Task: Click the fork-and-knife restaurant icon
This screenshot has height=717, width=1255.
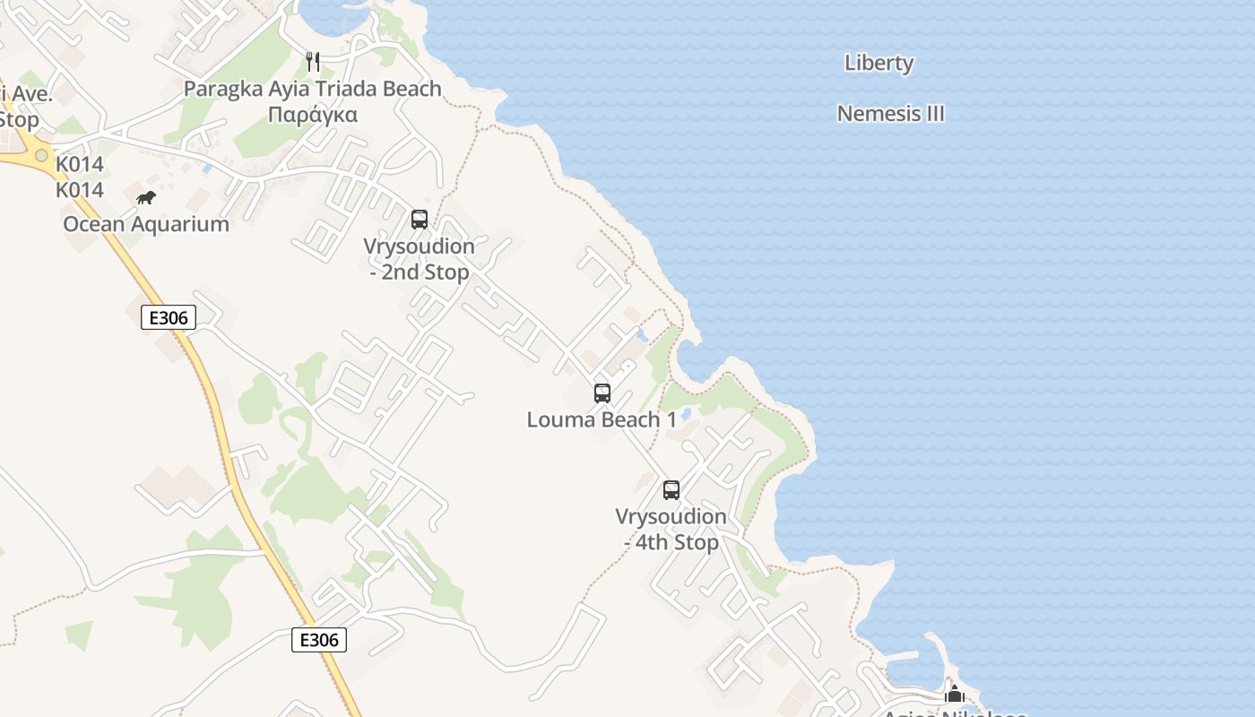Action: pyautogui.click(x=313, y=62)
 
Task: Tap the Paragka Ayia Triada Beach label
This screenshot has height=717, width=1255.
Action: pyautogui.click(x=313, y=89)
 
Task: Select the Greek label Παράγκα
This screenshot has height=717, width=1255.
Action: pyautogui.click(x=313, y=115)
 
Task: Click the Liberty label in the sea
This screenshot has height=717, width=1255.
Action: pyautogui.click(x=878, y=63)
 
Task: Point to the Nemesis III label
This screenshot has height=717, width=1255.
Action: pyautogui.click(x=890, y=114)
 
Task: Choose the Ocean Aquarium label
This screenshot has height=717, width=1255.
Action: pyautogui.click(x=146, y=224)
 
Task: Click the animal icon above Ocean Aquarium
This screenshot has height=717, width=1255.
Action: pyautogui.click(x=146, y=197)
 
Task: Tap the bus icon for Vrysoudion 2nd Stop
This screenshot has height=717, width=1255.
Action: pyautogui.click(x=419, y=219)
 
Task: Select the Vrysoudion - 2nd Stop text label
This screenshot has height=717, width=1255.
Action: pyautogui.click(x=419, y=259)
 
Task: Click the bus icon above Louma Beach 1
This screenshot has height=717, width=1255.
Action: pyautogui.click(x=602, y=393)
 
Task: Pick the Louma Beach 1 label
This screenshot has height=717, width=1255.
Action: pyautogui.click(x=602, y=419)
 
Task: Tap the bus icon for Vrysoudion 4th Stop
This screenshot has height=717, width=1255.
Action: pyautogui.click(x=671, y=489)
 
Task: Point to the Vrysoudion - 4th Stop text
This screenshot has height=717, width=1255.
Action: pyautogui.click(x=671, y=530)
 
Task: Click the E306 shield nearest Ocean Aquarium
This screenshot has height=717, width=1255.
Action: pyautogui.click(x=168, y=317)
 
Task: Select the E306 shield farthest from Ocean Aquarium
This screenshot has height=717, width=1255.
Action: pyautogui.click(x=319, y=640)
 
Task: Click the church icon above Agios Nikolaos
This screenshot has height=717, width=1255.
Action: pyautogui.click(x=954, y=694)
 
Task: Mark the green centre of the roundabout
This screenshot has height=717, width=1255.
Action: pyautogui.click(x=41, y=156)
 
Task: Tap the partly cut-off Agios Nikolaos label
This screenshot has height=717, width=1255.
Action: pyautogui.click(x=954, y=713)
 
